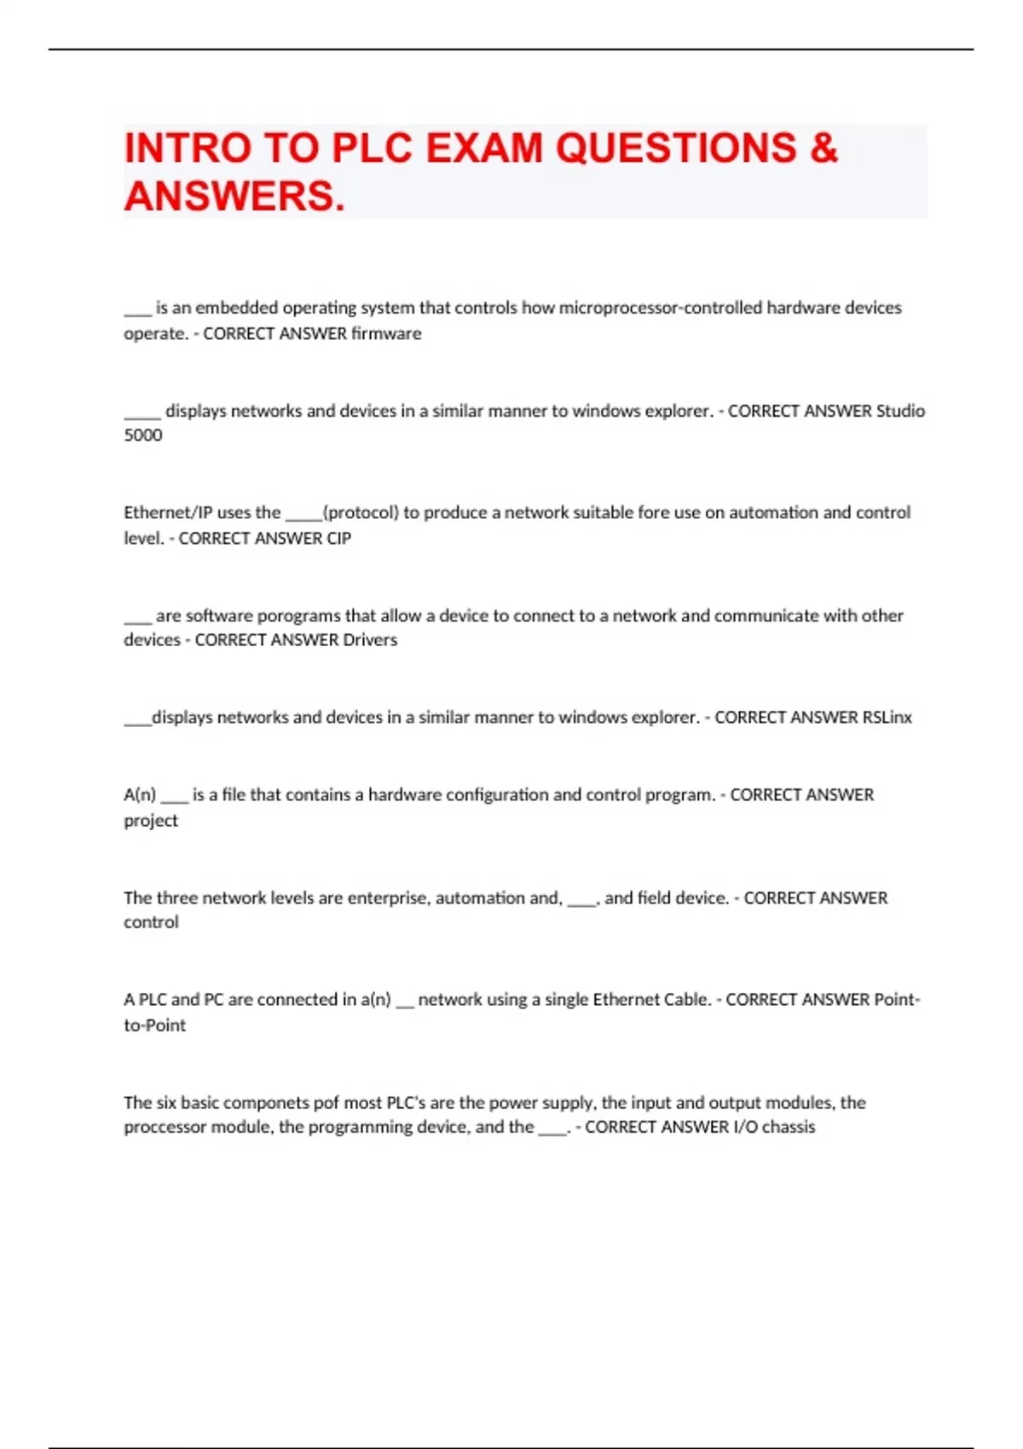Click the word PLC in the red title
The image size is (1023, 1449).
click(372, 148)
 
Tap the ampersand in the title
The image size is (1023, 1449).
click(824, 148)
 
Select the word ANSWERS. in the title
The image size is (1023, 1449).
click(234, 196)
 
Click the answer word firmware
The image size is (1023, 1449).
click(386, 333)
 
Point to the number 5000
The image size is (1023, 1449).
click(143, 435)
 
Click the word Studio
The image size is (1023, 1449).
click(900, 411)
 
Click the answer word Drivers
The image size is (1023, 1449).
click(370, 639)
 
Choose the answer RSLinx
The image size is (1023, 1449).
click(887, 717)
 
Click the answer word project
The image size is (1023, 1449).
click(151, 820)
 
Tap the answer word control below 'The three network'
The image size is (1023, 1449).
click(151, 921)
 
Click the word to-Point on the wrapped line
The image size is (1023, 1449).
click(154, 1025)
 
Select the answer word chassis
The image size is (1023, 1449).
click(789, 1127)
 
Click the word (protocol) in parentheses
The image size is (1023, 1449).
click(361, 512)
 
